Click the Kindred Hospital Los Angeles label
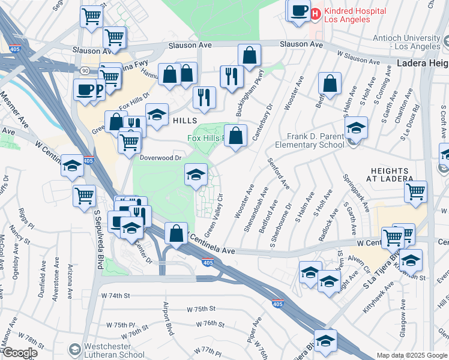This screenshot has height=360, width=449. click(x=348, y=15)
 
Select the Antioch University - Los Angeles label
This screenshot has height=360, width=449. click(x=409, y=41)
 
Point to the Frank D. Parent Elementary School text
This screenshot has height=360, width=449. click(x=310, y=140)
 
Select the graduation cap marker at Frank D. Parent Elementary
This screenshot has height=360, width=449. click(x=356, y=127)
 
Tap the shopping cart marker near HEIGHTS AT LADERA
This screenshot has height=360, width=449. click(x=415, y=192)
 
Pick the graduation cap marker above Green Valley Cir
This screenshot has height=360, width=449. click(x=196, y=175)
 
